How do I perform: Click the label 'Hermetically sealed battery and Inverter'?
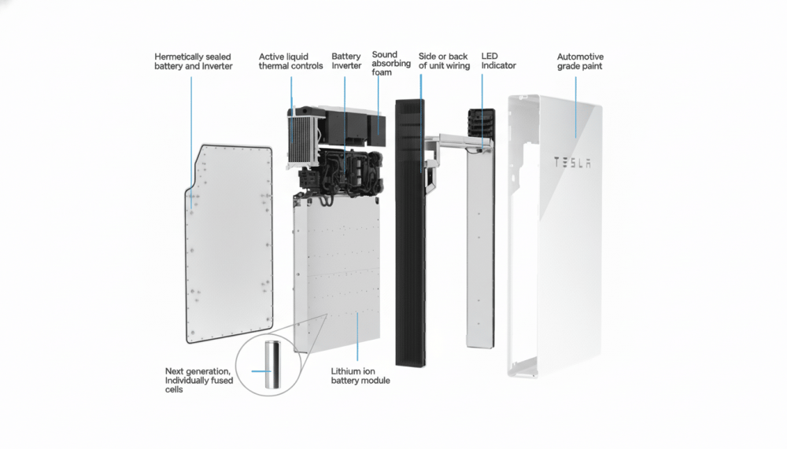[193, 61]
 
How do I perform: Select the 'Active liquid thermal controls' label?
[290, 61]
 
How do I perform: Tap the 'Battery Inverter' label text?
[346, 61]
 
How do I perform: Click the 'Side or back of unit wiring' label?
[444, 61]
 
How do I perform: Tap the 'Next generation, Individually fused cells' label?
[198, 380]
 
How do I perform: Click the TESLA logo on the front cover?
[572, 163]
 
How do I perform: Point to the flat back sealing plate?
[228, 244]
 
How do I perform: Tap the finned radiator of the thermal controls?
[299, 138]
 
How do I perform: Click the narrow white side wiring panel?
[478, 252]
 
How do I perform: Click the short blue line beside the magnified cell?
[260, 370]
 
